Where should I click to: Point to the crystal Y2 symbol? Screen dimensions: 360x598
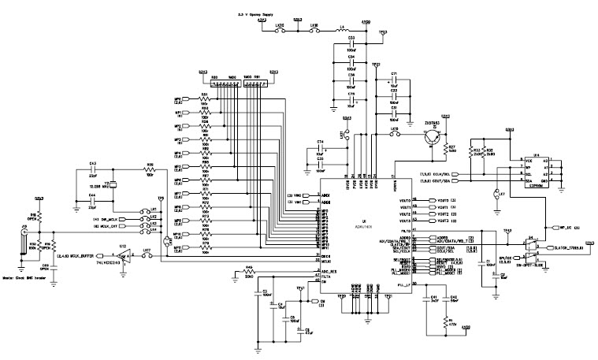[x=113, y=184]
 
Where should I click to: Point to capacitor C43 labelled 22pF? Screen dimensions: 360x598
[x=93, y=170]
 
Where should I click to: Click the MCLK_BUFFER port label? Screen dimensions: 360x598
[x=76, y=254]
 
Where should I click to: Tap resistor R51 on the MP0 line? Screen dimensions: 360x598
[x=206, y=100]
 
